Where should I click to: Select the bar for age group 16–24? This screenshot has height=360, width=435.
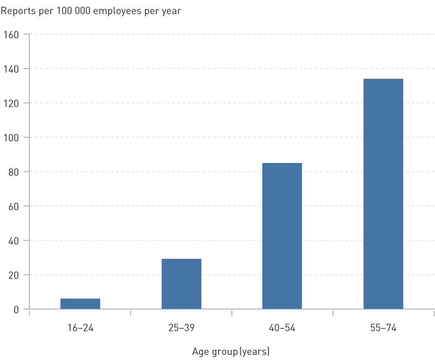click(x=80, y=303)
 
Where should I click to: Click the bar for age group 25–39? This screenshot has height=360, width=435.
click(x=181, y=284)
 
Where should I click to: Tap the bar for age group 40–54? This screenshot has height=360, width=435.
click(x=282, y=236)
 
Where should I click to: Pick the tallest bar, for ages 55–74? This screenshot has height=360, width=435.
click(x=383, y=193)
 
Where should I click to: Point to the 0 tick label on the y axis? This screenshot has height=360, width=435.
click(x=17, y=309)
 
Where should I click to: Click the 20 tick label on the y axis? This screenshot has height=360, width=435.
click(x=15, y=275)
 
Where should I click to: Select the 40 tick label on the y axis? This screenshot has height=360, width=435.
click(x=15, y=241)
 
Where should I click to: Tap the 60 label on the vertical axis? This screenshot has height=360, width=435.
click(x=15, y=206)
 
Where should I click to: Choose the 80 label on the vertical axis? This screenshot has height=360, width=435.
click(x=15, y=172)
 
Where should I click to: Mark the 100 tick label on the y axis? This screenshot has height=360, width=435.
click(x=12, y=137)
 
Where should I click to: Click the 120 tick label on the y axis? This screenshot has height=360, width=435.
click(x=12, y=103)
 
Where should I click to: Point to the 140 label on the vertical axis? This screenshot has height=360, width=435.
click(x=12, y=68)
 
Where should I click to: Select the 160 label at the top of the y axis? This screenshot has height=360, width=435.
click(x=12, y=34)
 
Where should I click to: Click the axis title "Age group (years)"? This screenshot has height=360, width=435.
click(x=231, y=352)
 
